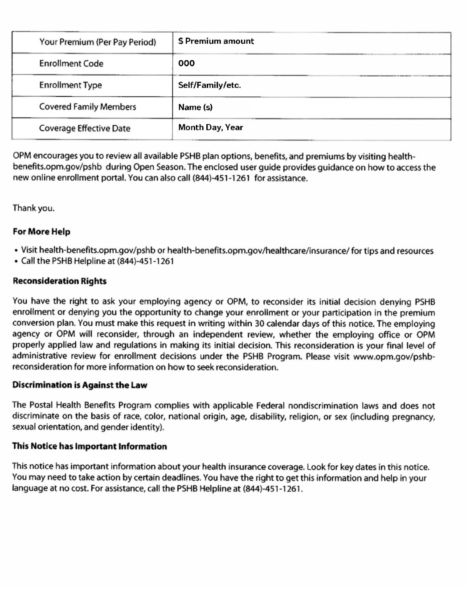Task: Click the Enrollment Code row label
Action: (71, 64)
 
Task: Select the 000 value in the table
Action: (186, 63)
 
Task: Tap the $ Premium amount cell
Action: (216, 41)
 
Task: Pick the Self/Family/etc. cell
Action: (209, 85)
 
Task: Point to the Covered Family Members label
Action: (87, 107)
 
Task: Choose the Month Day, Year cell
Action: (211, 127)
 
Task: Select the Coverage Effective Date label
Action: (85, 129)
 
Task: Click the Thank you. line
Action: (33, 208)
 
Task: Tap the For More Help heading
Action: (41, 232)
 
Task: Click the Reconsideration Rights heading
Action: (59, 281)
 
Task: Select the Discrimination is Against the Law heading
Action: (80, 385)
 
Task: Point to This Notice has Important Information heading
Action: (90, 447)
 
